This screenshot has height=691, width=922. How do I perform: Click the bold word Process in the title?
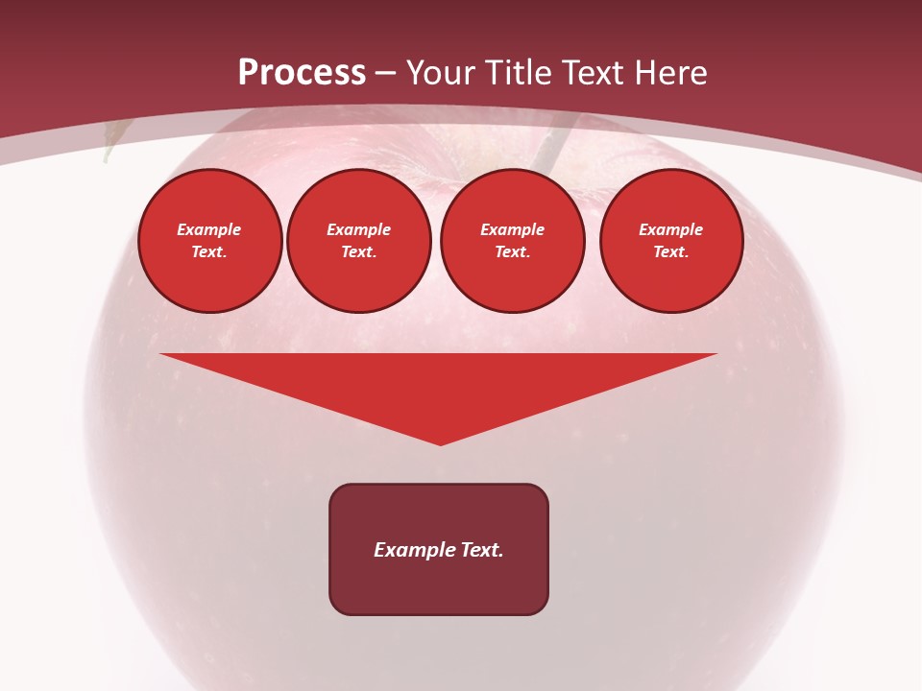(302, 73)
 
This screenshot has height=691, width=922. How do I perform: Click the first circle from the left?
(210, 241)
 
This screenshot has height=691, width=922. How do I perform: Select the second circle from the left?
(358, 241)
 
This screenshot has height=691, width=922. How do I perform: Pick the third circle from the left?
(512, 241)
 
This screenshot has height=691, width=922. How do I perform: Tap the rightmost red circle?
(671, 241)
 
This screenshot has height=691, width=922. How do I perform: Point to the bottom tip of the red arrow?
(440, 443)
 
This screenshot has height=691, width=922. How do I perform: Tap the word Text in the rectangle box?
(483, 550)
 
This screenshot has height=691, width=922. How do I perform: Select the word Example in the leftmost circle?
(209, 230)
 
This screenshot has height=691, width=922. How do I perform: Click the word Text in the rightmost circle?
(670, 252)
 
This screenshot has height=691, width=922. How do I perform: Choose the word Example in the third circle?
(512, 230)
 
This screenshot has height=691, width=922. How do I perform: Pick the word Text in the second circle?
(358, 252)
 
